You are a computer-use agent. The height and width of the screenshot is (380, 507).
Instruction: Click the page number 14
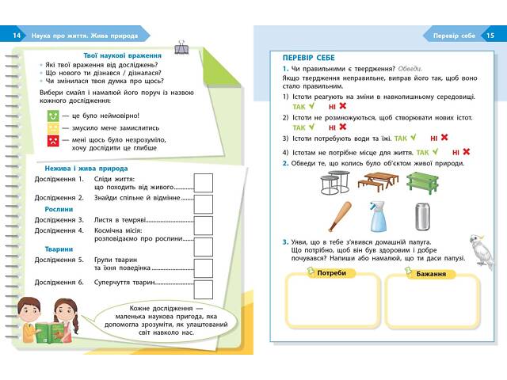point(17,36)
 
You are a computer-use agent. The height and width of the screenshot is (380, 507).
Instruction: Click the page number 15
point(490,36)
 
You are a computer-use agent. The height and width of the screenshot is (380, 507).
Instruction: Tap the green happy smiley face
point(52,115)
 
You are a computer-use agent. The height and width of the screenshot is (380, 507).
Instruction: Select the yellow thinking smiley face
point(52,127)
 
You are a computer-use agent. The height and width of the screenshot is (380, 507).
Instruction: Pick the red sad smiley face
point(52,141)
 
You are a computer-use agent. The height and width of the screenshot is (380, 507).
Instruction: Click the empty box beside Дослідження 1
point(204,183)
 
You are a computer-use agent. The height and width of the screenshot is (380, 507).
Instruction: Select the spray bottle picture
point(379,216)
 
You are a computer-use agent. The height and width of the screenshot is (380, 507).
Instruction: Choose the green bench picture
point(423,182)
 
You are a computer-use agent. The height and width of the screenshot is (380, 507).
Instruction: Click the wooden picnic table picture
point(377,182)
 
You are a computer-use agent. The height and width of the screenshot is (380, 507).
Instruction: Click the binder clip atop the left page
point(182,48)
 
